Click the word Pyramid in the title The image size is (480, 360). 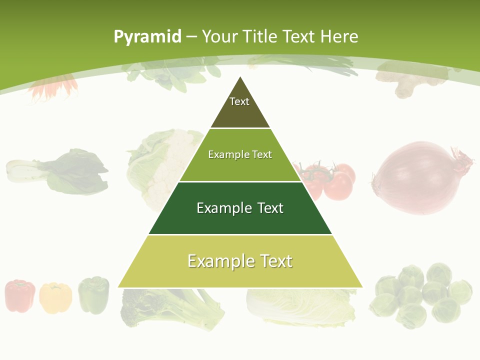147,36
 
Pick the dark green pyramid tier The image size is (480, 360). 240,208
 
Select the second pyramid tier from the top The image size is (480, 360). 240,155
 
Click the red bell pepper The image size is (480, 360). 20,295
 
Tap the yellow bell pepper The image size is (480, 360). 55,297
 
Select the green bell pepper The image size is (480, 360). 93,294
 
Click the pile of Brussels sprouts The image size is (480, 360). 420,295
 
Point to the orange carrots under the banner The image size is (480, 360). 52,88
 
